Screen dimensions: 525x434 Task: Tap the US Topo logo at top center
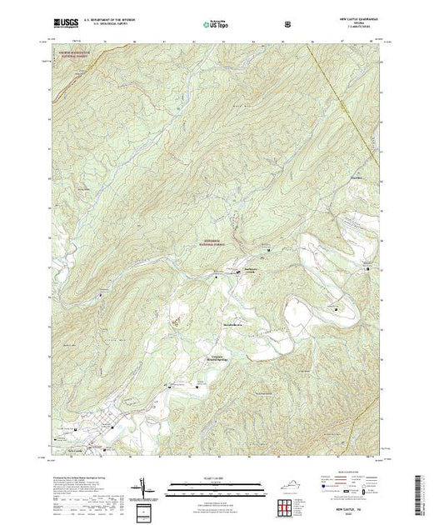[215, 24]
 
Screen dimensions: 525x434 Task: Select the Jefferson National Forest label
[211, 242]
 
